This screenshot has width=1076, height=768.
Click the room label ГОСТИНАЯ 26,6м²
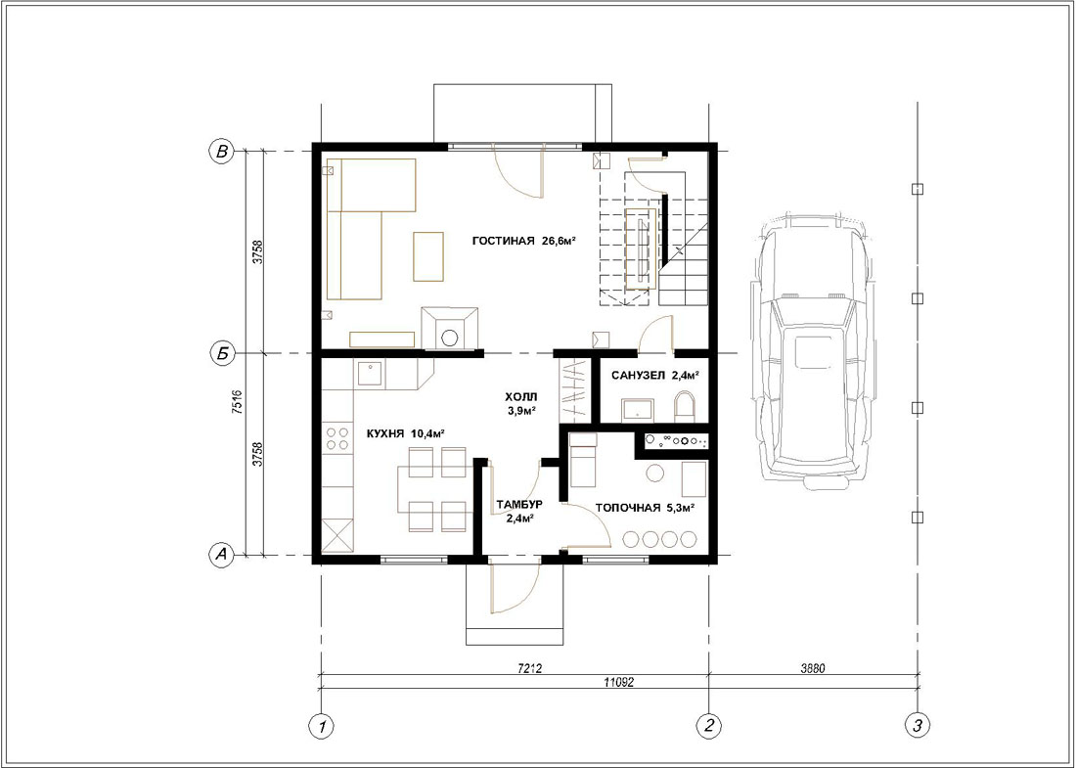click(x=523, y=241)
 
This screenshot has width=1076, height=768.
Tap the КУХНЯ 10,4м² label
click(x=406, y=433)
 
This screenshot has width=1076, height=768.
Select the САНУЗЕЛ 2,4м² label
click(x=655, y=376)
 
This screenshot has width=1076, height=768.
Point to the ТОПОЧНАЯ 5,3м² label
click(x=645, y=508)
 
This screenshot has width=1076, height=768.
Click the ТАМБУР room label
click(x=519, y=505)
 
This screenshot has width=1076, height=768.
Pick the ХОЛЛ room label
click(x=521, y=396)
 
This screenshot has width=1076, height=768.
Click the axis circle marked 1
click(x=321, y=725)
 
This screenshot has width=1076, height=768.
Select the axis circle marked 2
click(x=708, y=725)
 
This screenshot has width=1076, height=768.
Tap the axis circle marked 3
click(x=918, y=725)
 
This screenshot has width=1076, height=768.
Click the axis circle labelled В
click(x=221, y=152)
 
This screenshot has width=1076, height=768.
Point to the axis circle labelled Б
click(x=221, y=354)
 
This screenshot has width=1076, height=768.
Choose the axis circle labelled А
click(x=221, y=556)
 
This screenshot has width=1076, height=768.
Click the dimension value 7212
click(x=529, y=668)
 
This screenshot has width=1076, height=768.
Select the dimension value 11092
click(x=618, y=682)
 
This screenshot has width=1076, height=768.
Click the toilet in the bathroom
click(x=685, y=407)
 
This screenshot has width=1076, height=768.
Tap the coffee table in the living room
click(x=428, y=256)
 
